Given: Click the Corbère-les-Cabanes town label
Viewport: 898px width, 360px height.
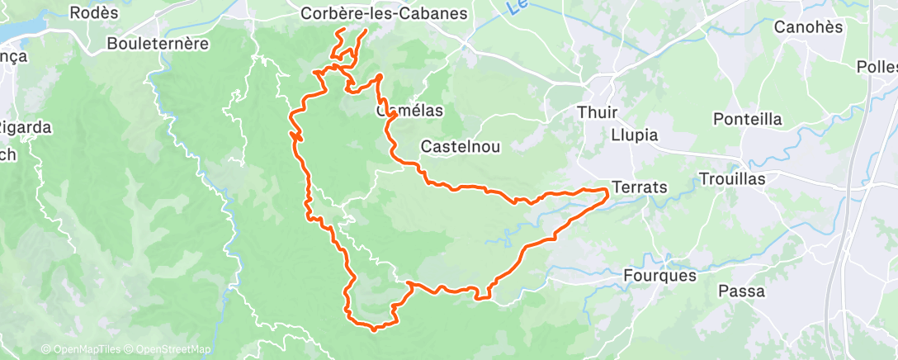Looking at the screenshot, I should [x=384, y=14].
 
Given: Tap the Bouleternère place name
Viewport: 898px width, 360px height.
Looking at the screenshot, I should [x=158, y=44].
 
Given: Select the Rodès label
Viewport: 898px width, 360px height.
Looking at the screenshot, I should [x=95, y=13].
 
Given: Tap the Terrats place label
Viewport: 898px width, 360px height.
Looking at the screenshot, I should [x=640, y=187].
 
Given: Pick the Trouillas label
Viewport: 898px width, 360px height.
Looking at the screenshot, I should [x=732, y=179].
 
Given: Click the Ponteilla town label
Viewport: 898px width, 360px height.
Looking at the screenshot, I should [x=747, y=119].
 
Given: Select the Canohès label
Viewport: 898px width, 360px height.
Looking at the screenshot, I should [x=808, y=27].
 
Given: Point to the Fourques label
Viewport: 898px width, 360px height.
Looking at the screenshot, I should [x=659, y=276].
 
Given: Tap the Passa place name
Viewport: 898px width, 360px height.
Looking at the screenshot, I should [x=741, y=291].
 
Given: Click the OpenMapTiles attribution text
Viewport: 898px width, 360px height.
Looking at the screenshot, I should [x=80, y=350].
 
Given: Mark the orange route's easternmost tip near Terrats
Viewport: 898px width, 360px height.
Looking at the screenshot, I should [x=608, y=192].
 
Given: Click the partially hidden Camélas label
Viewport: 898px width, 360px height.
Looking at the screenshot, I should [x=410, y=111].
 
